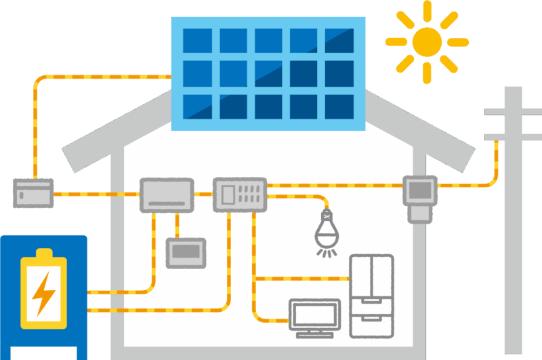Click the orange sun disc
(x=427, y=41)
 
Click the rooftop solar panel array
(x=270, y=73)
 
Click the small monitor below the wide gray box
(x=186, y=252)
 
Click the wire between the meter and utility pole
(x=474, y=184)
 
